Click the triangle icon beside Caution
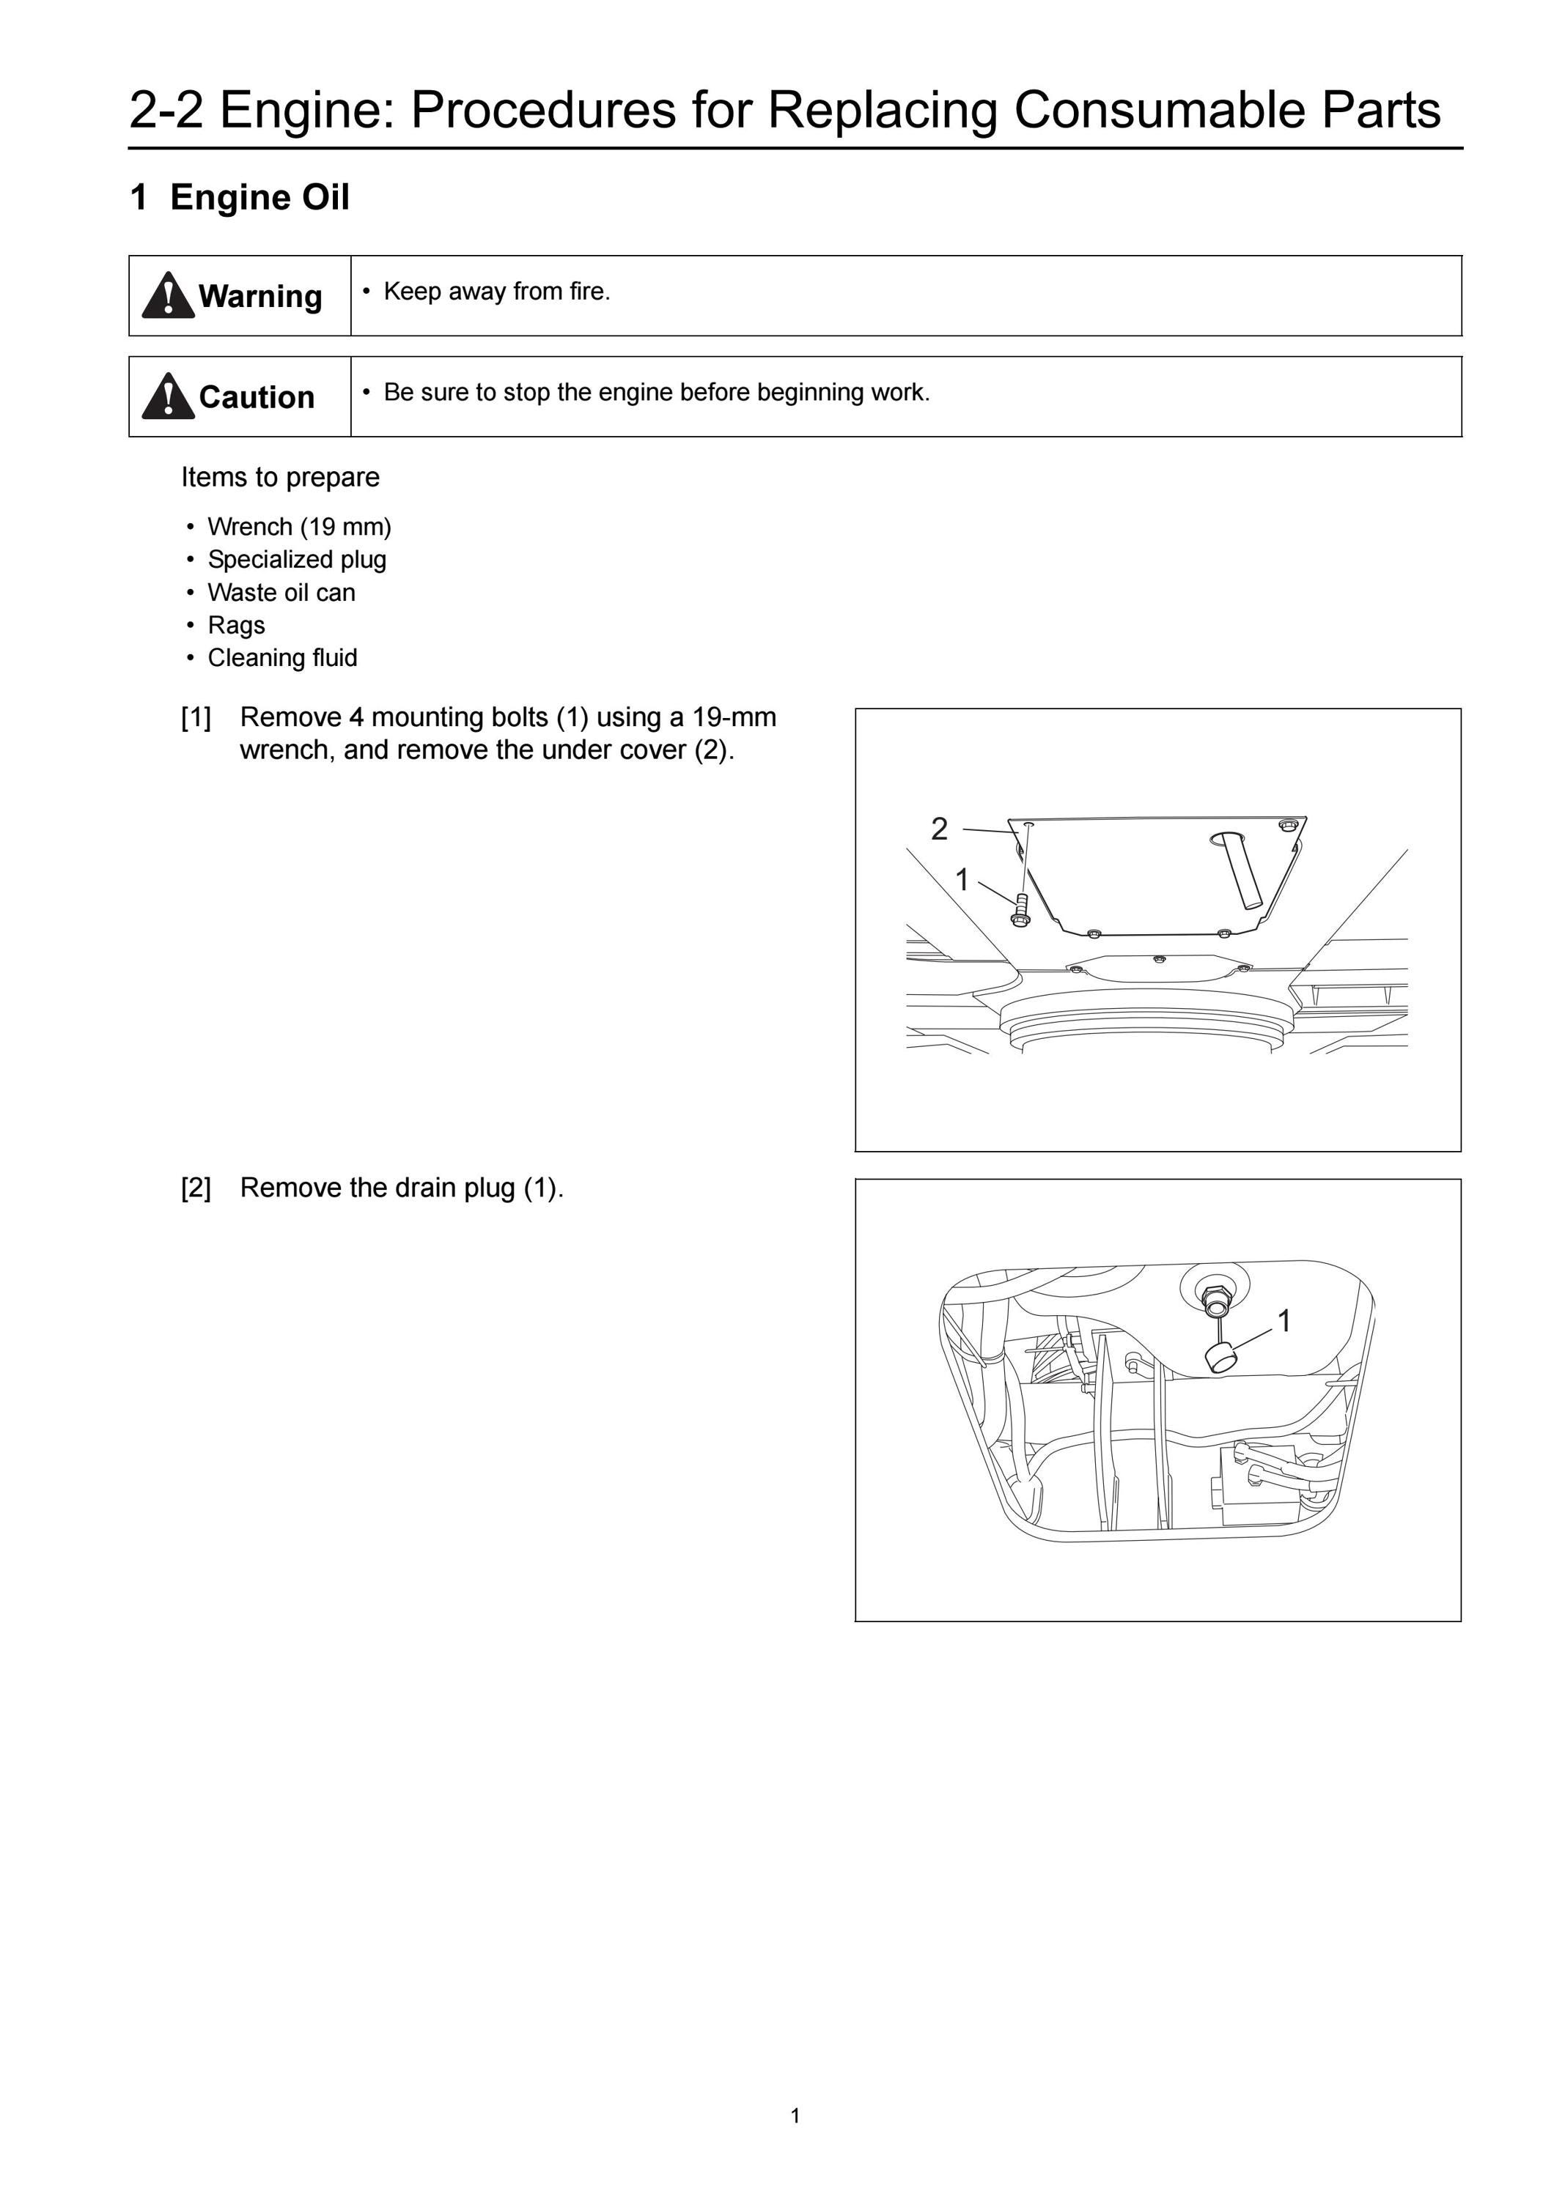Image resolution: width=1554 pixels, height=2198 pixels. point(168,396)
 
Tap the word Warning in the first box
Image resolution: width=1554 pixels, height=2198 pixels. point(259,297)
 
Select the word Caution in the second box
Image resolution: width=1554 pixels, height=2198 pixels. point(257,397)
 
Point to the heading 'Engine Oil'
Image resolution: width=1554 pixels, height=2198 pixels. point(259,197)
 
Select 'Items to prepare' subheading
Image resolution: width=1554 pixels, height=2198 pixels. point(281,477)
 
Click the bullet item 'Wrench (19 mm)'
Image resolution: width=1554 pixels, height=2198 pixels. point(300,527)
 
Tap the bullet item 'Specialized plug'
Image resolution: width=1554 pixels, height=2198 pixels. point(297,559)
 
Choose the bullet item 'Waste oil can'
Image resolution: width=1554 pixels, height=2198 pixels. point(281,593)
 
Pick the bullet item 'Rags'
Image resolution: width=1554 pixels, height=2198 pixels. point(237,625)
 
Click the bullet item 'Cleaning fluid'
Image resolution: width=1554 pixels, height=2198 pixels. point(282,658)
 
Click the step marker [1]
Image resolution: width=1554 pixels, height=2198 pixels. point(196,717)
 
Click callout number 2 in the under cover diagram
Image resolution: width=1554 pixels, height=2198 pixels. point(939,829)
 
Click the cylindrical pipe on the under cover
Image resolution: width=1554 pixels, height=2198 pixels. point(1242,869)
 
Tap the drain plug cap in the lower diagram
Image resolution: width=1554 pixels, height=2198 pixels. point(1219,1358)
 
